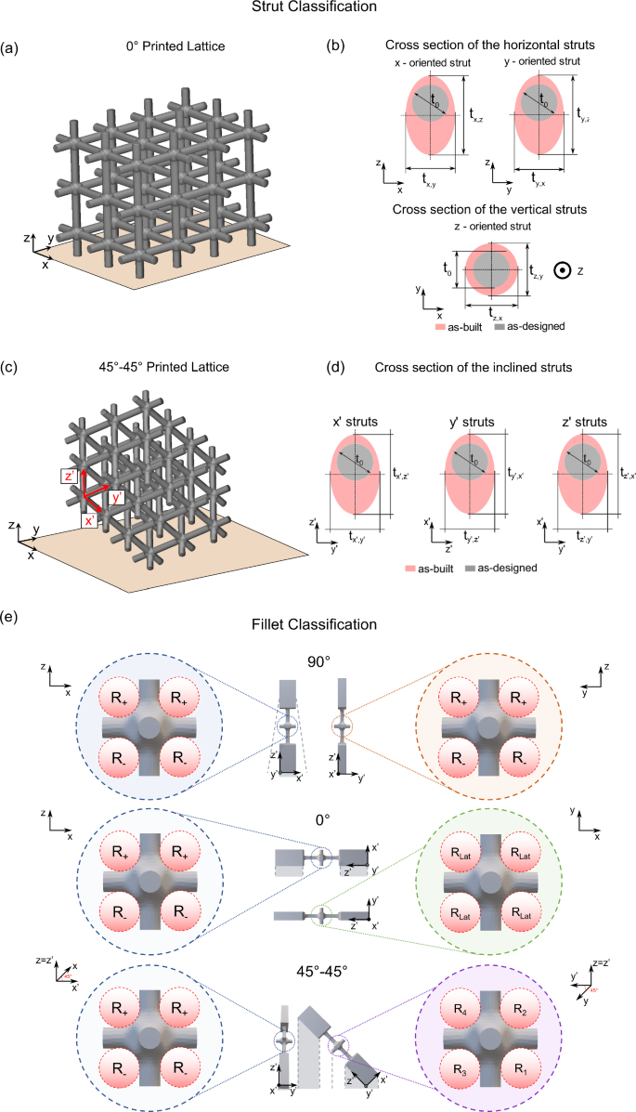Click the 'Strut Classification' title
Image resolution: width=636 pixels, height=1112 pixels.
pos(318,7)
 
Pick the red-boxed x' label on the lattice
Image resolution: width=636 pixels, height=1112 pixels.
pos(89,522)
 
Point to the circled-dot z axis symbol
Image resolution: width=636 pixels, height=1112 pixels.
pos(561,270)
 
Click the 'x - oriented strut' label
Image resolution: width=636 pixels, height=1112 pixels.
pos(430,61)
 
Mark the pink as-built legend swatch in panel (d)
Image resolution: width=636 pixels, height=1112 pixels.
pos(412,566)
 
